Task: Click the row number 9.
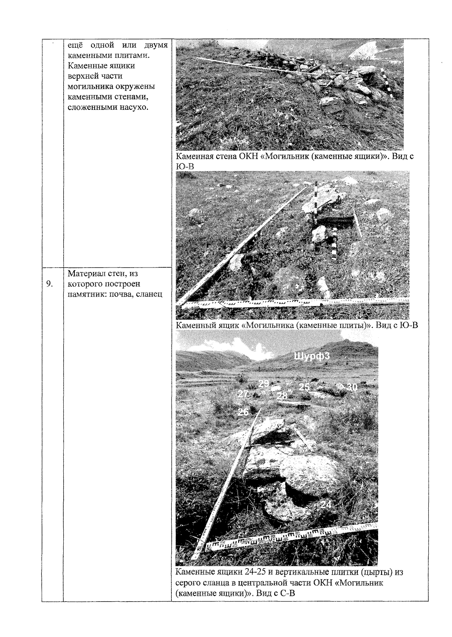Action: click(x=49, y=284)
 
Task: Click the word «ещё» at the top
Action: click(x=75, y=45)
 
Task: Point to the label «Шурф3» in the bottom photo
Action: click(x=312, y=356)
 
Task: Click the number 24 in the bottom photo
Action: click(x=326, y=504)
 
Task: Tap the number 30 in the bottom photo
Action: click(x=352, y=387)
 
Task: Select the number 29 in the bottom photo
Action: click(x=264, y=383)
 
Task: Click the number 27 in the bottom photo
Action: click(x=243, y=394)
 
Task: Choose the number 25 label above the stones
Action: click(x=304, y=387)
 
